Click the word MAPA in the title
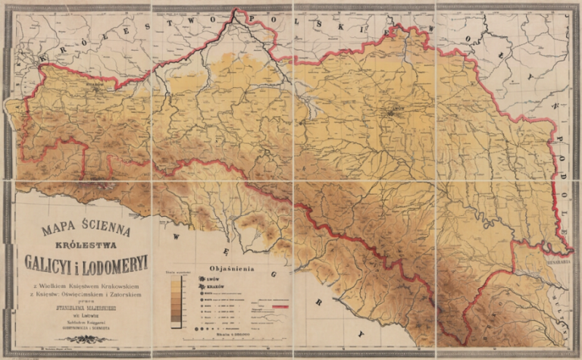click(x=51, y=229)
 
